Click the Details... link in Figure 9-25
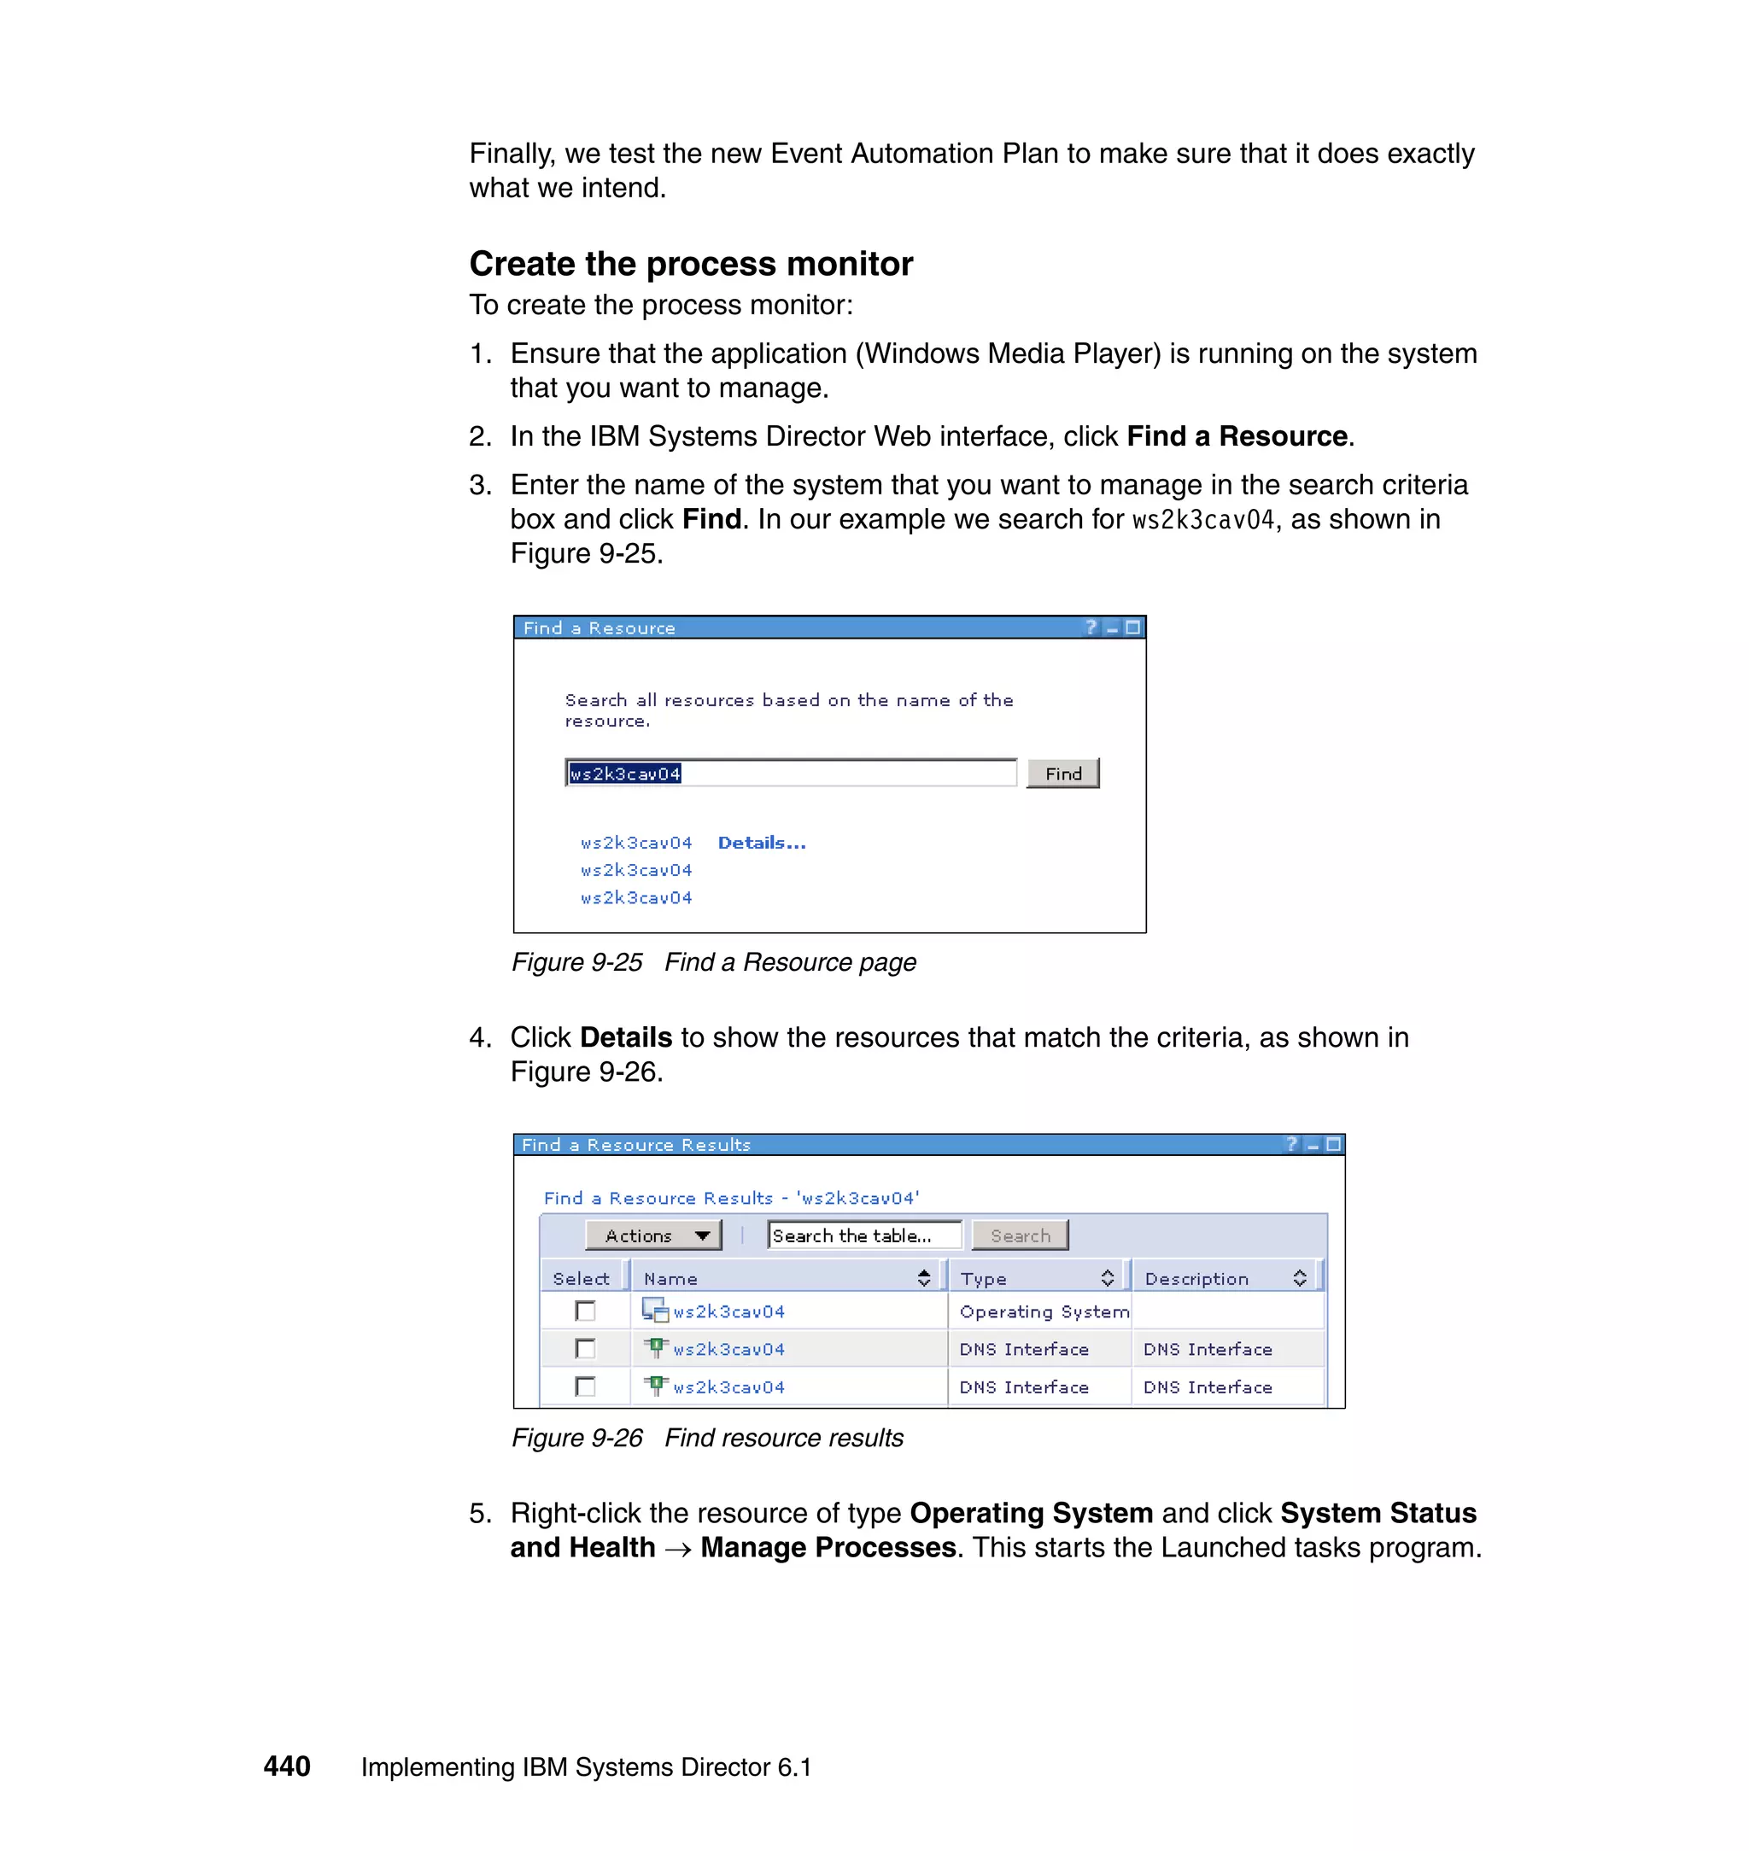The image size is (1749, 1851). pos(761,843)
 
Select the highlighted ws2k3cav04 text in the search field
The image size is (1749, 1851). pos(624,774)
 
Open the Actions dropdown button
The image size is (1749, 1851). pos(652,1236)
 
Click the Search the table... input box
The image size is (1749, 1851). pos(863,1236)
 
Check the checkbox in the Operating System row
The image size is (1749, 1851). pos(586,1311)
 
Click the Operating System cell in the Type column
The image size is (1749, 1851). pos(1043,1311)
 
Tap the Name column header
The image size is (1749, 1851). pos(671,1279)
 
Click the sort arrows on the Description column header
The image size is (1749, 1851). pos(1300,1279)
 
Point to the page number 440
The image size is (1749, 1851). pos(287,1766)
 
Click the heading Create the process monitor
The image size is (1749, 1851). pos(691,264)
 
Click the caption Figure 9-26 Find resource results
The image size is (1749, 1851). pos(706,1438)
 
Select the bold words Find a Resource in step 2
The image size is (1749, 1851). pos(1237,436)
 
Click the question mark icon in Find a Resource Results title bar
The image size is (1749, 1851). pos(1291,1145)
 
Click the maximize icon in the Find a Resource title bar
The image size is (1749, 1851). pos(1132,628)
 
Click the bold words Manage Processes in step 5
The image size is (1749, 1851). pos(828,1548)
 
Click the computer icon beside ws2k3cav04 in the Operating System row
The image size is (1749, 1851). pos(654,1311)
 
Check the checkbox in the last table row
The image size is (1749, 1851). pos(586,1387)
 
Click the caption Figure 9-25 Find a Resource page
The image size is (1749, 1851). pos(713,962)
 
